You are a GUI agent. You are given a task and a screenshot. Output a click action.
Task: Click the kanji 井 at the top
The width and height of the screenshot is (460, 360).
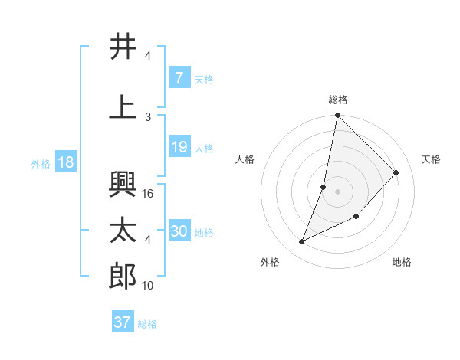point(123,47)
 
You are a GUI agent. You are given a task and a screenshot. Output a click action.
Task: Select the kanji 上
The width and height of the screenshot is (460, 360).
point(123,107)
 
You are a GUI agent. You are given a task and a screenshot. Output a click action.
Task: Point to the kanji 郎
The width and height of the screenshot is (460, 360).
point(123,277)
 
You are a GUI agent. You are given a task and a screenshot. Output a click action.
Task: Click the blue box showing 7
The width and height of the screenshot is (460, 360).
point(179,78)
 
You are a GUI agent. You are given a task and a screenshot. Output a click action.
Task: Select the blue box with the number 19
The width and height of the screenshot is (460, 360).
point(179,147)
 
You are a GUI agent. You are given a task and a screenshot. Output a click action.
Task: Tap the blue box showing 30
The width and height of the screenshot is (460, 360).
point(179,231)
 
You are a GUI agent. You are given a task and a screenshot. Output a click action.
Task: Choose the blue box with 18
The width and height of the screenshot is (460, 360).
point(65,163)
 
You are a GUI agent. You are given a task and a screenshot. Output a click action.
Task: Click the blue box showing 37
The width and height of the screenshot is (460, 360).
point(123,322)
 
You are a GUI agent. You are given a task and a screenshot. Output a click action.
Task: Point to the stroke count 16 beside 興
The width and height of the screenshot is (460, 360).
point(149,194)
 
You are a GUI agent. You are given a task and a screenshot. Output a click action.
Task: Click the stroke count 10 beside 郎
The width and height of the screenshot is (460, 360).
point(149,286)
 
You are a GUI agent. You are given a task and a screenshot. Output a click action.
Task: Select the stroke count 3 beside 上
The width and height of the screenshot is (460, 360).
point(148,116)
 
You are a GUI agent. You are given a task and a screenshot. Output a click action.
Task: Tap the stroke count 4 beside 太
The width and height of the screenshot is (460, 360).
point(148,240)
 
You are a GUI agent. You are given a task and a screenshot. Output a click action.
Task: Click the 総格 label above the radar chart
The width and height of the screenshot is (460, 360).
point(338,100)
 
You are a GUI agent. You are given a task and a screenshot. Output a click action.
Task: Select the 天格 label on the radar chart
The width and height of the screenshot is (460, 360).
point(432,159)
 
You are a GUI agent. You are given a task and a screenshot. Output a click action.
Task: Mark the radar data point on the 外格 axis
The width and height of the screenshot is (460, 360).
point(302,242)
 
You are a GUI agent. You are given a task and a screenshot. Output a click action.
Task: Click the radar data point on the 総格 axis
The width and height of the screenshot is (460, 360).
point(337,115)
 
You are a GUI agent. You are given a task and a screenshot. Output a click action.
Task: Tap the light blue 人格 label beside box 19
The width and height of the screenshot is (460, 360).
point(204,148)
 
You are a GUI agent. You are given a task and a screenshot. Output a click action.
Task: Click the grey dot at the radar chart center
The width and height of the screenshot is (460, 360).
point(337,191)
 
